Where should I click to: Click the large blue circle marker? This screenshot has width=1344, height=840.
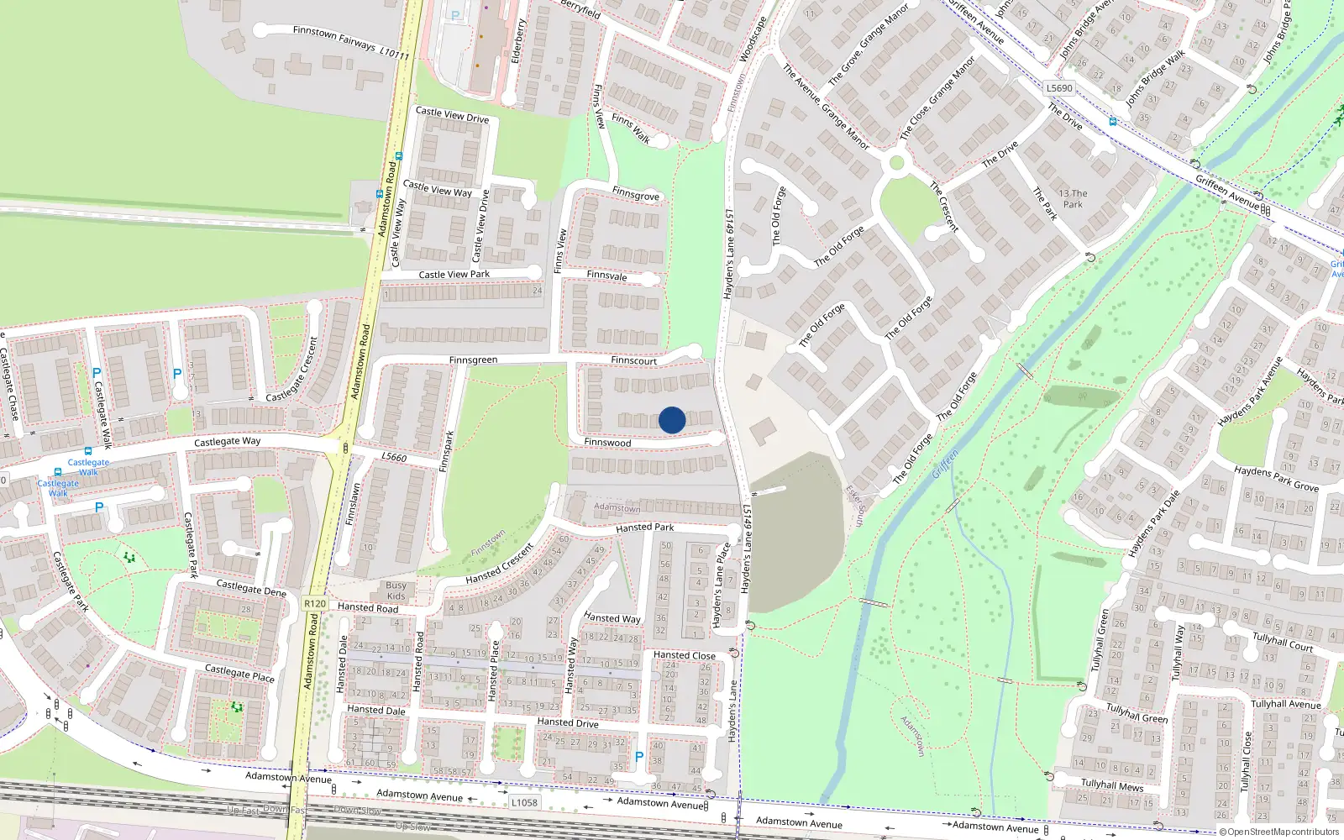672,420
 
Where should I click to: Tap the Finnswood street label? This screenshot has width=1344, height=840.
607,443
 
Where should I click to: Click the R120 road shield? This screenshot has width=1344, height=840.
315,604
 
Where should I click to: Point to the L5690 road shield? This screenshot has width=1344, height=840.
1059,88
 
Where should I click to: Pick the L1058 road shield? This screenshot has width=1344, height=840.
524,803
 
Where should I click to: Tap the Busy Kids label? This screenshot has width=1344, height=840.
396,591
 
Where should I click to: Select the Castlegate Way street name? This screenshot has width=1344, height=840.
227,442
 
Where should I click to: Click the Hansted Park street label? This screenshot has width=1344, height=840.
644,528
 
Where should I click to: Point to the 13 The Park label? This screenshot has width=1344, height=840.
1073,199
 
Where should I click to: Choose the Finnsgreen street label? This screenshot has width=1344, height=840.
473,360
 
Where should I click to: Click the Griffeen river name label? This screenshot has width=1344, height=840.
945,465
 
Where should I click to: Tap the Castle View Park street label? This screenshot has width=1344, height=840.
454,275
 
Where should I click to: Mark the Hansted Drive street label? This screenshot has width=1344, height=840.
568,722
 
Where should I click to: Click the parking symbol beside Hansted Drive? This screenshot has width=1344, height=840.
639,757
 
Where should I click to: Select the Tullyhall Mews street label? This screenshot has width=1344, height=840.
1111,785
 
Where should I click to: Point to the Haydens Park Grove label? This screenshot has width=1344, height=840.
1276,480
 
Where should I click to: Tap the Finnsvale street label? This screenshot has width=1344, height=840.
606,276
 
